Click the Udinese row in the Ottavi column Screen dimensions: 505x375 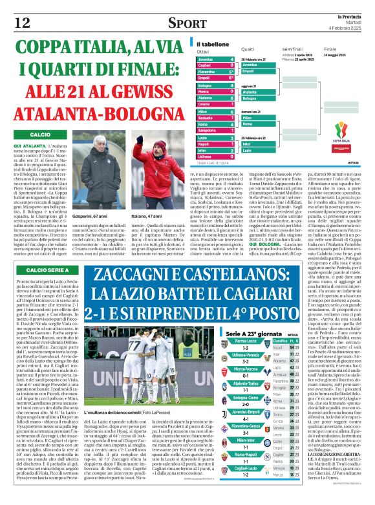pyautogui.click(x=215, y=156)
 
